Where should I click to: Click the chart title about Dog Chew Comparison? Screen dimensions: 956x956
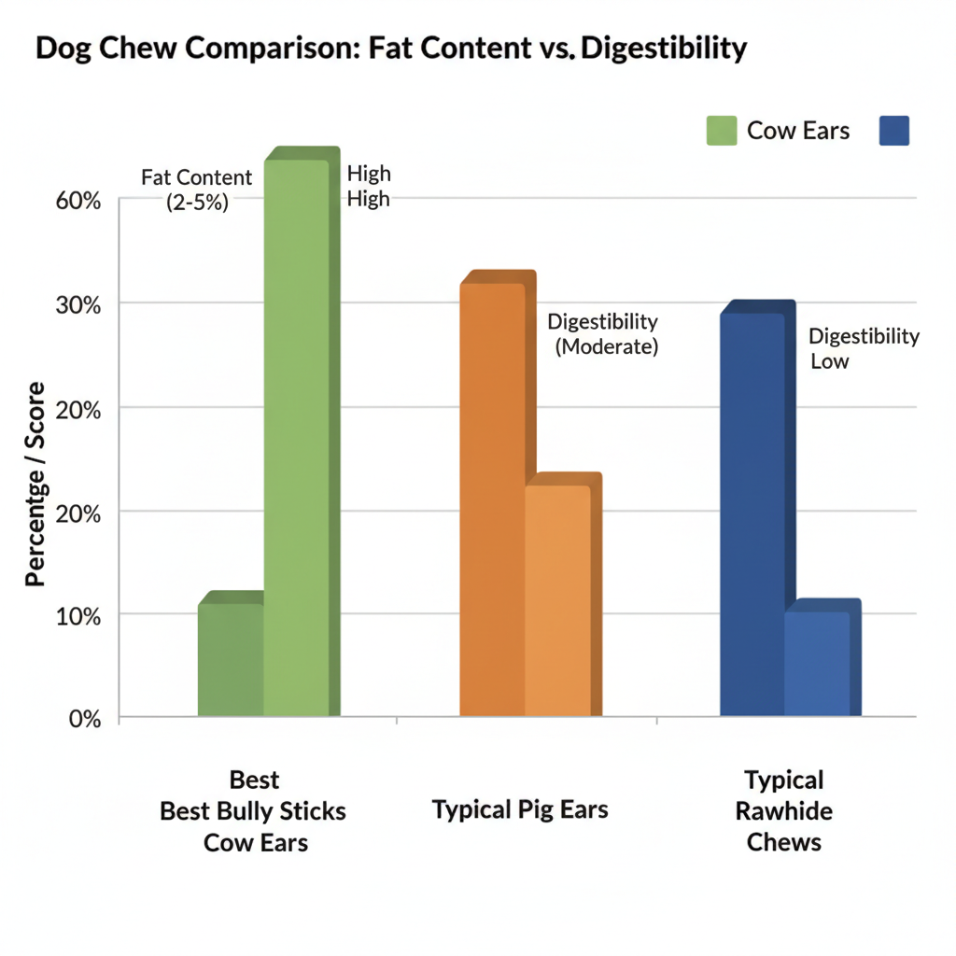click(391, 49)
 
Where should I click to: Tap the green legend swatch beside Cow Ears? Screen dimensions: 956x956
click(722, 131)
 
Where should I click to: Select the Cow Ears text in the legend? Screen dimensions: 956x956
click(798, 131)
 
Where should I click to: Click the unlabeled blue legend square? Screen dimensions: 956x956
click(893, 131)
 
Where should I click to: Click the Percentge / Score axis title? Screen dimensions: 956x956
click(35, 484)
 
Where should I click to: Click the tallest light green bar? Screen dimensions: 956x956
click(297, 439)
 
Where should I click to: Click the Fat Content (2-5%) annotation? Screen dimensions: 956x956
click(197, 190)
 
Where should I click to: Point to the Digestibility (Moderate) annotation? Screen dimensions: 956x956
click(603, 334)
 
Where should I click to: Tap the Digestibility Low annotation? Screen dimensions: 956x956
click(864, 348)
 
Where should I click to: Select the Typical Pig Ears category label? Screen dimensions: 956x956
click(520, 809)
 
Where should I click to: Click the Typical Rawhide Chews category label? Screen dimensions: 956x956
click(784, 810)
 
